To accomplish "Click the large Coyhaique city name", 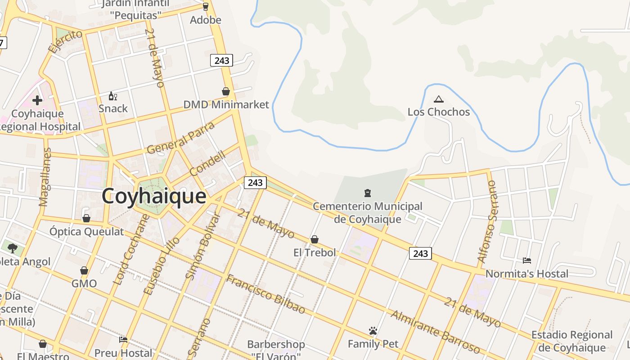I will click(154, 197).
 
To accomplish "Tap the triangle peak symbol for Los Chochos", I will click(438, 99).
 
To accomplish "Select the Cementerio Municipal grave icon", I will click(368, 193).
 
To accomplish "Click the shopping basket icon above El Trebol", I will click(315, 239).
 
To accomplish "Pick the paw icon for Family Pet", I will click(373, 331).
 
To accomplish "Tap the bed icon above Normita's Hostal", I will click(526, 261).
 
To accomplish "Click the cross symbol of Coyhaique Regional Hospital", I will click(37, 100).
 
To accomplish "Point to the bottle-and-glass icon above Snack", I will click(112, 96).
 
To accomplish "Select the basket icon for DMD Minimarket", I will click(226, 91).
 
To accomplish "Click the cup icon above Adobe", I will click(206, 7).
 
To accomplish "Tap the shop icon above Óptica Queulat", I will click(86, 218).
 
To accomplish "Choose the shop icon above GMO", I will click(84, 270).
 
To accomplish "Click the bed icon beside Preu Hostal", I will click(123, 339).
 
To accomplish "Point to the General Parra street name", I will click(181, 138).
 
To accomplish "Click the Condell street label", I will click(207, 163).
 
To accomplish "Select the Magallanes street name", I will click(45, 177).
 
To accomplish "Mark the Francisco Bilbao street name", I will click(265, 294).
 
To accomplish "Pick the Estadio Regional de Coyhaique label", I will click(572, 341).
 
